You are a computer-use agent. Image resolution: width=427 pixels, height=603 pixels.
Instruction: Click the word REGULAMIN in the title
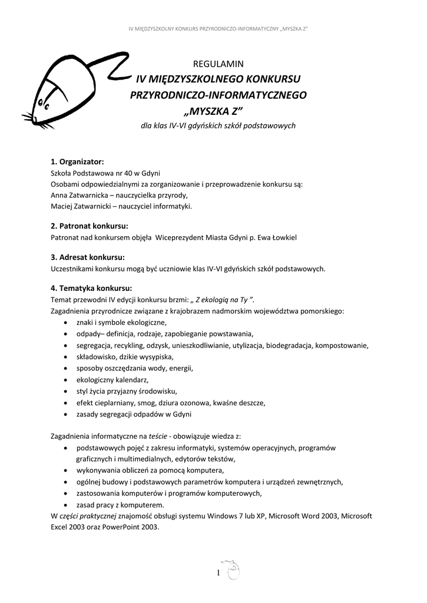219,64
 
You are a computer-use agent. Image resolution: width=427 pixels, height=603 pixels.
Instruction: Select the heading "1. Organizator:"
77,161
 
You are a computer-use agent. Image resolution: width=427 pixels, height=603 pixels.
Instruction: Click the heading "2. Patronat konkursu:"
90,226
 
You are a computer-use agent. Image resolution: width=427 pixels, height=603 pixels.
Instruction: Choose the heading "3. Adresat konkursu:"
87,257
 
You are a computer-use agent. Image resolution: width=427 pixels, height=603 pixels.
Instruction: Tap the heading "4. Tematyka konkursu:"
91,288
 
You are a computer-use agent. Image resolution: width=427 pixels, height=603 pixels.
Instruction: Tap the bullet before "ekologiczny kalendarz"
64,380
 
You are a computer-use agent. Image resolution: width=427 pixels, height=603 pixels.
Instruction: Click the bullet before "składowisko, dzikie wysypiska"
64,357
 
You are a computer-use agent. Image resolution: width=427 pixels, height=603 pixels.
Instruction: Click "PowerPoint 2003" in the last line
133,528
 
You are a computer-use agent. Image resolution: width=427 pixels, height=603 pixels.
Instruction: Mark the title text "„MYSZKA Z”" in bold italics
219,111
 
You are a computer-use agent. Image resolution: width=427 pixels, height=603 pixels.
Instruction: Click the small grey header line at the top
219,28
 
